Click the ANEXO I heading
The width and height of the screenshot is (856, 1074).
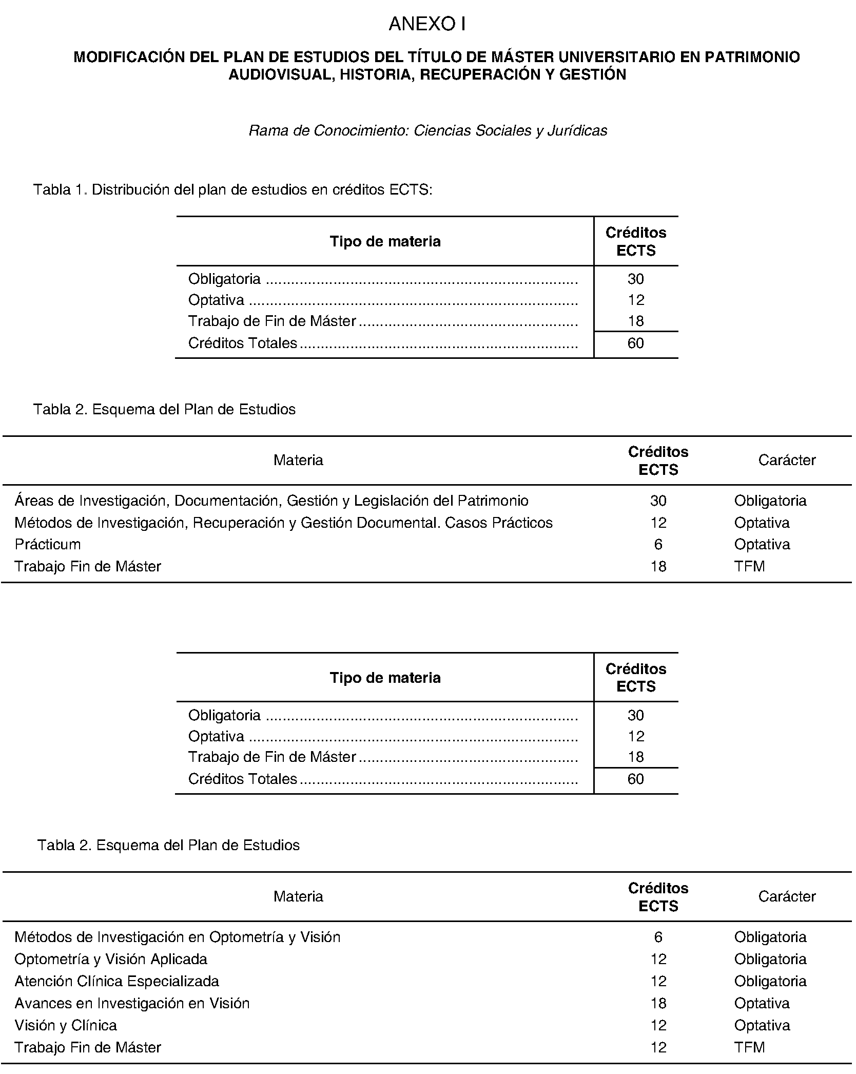tap(427, 24)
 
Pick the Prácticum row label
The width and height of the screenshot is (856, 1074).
tap(47, 544)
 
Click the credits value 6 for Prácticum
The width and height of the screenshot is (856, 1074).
tap(658, 544)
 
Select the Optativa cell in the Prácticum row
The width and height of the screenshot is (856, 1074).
tap(762, 544)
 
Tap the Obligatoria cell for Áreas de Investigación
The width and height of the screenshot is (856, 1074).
tap(770, 501)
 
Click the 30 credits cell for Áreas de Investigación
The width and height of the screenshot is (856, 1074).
tap(658, 501)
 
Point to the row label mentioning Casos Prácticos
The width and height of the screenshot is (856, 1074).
tap(283, 523)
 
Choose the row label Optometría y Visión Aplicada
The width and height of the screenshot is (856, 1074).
tap(110, 959)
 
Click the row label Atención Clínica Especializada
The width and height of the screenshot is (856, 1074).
tap(116, 981)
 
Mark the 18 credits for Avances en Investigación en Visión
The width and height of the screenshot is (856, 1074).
tap(658, 1003)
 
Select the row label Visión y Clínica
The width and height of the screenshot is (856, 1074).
tap(65, 1025)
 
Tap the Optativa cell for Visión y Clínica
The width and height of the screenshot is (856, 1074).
tap(762, 1025)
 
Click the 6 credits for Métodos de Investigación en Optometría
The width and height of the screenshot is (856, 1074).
tap(658, 937)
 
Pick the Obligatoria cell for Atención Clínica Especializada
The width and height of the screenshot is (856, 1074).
tap(770, 981)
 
